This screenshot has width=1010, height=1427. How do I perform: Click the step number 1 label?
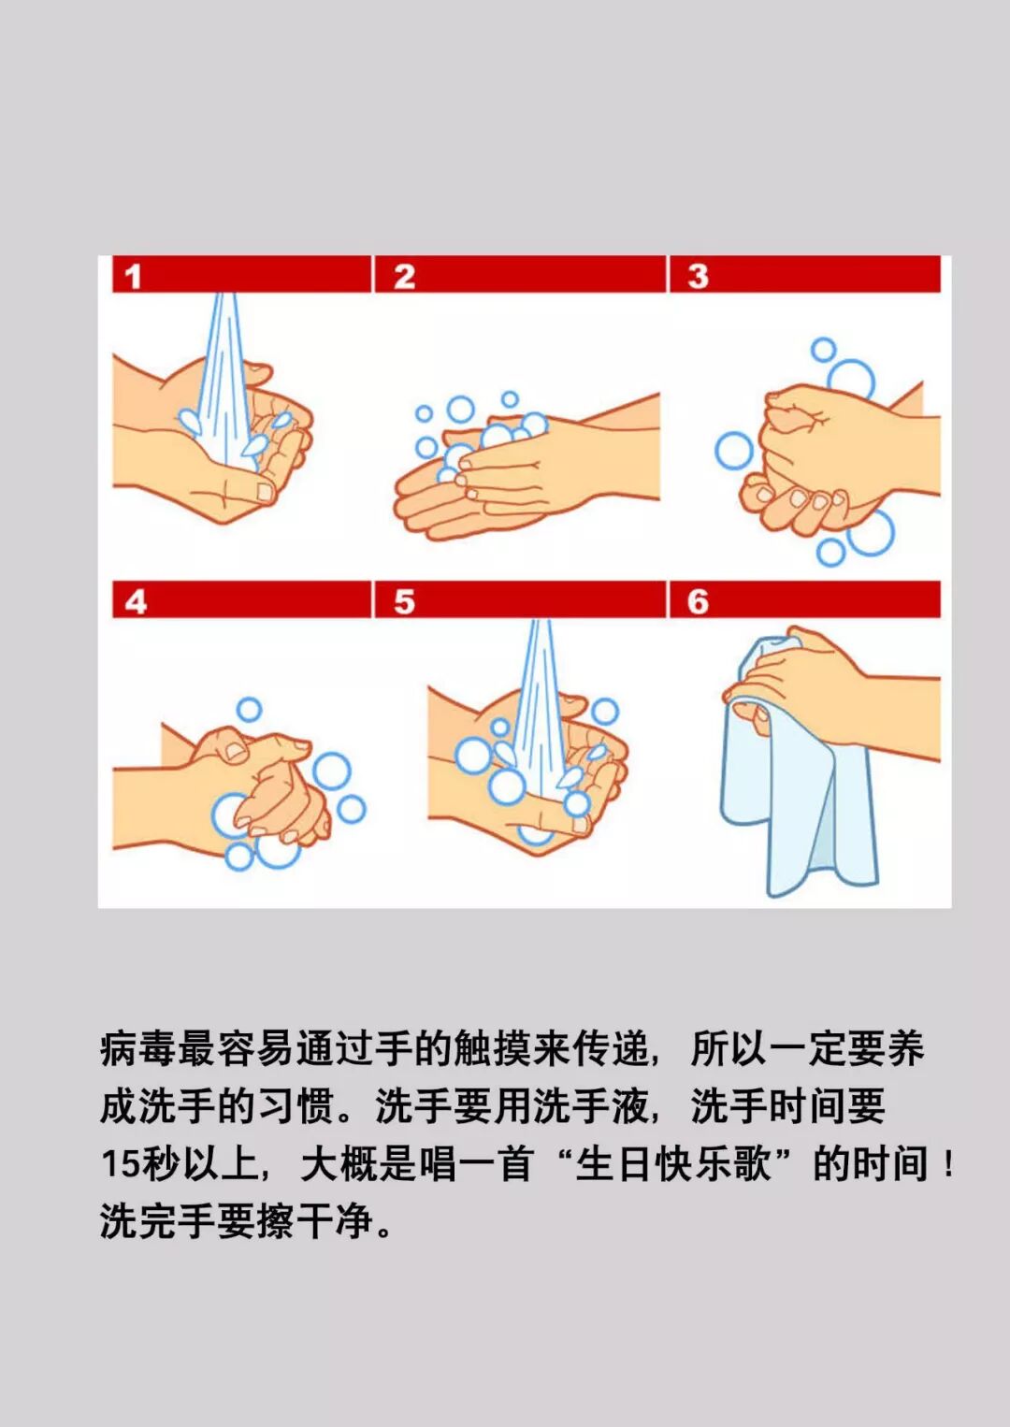point(133,278)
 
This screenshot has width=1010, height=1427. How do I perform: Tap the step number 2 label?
point(405,277)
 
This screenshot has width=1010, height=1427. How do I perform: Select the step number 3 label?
point(699,277)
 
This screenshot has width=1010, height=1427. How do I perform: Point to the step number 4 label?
point(136,602)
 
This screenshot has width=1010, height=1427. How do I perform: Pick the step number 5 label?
point(405,602)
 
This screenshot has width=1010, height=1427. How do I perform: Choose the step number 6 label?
point(699,602)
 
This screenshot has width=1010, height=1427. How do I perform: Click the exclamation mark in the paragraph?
point(949,1165)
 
